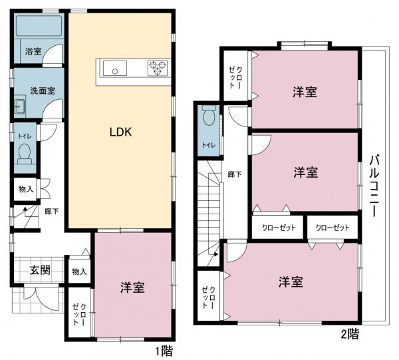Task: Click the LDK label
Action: point(121,132)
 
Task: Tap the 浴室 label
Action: point(33,51)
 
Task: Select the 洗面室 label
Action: point(37,90)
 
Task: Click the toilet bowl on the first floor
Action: point(25,154)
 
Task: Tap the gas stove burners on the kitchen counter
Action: point(159,67)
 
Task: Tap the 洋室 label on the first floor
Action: point(133,287)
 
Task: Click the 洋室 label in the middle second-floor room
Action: point(306,172)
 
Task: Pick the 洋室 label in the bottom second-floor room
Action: point(291,281)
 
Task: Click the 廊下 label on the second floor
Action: point(234,175)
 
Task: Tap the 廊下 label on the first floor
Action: point(51,212)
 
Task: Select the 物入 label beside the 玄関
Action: point(79,271)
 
